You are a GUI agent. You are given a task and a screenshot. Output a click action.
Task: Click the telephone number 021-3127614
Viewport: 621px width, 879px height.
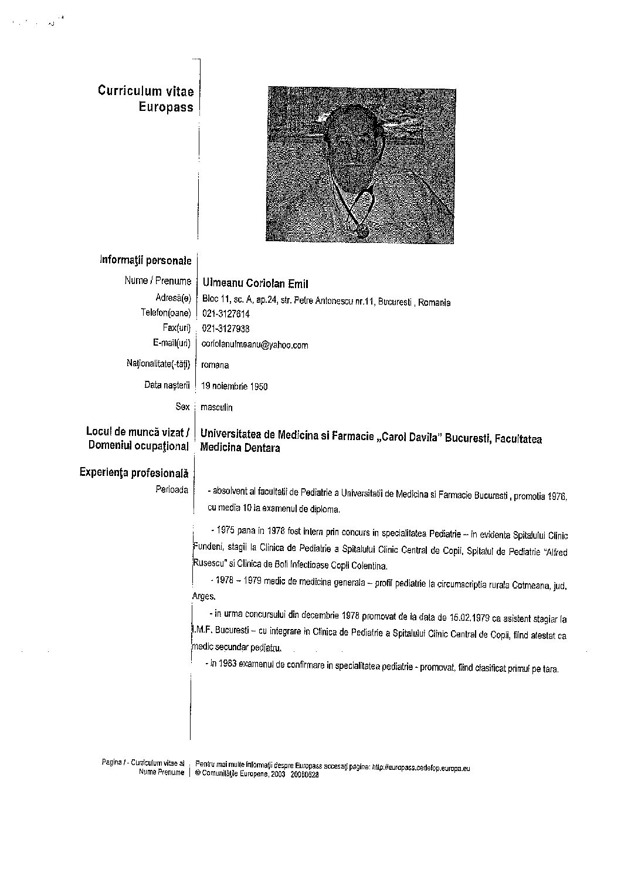225,315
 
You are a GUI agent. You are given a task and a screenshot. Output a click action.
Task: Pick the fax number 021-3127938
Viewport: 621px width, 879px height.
225,329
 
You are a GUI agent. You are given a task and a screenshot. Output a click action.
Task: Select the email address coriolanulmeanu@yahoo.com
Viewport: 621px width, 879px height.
254,345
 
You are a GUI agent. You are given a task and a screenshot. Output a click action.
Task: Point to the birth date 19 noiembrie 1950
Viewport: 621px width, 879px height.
234,387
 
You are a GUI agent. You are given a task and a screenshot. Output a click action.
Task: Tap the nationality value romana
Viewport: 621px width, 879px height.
215,365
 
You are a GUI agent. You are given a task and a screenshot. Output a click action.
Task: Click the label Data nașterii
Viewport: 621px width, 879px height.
168,386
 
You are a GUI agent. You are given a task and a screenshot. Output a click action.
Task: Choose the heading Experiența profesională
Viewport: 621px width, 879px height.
134,472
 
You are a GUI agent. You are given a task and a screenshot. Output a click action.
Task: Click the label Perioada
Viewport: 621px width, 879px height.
172,489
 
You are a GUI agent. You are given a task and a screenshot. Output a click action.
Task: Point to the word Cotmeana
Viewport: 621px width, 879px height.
528,585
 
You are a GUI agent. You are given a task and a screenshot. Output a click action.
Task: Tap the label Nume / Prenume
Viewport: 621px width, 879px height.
158,281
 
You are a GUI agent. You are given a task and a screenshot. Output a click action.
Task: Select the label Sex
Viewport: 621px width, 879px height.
182,406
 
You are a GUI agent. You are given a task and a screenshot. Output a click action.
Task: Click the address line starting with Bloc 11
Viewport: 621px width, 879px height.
326,302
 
